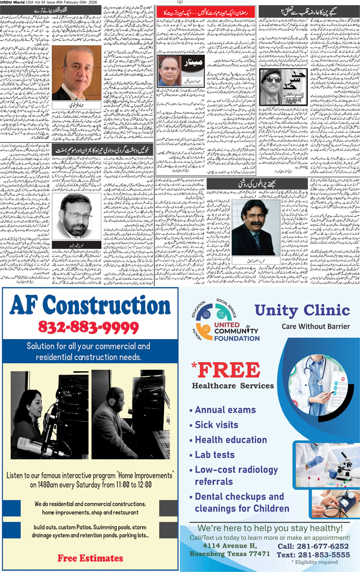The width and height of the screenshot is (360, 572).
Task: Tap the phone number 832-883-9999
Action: [89, 328]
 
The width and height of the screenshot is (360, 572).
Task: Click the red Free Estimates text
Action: [90, 558]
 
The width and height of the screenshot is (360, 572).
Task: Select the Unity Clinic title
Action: [302, 310]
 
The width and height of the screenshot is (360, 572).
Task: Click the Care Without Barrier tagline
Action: [315, 326]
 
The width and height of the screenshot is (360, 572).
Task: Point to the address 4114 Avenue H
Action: [230, 546]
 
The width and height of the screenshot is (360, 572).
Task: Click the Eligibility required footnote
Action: [315, 562]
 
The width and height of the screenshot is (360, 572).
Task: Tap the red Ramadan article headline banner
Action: [206, 13]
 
